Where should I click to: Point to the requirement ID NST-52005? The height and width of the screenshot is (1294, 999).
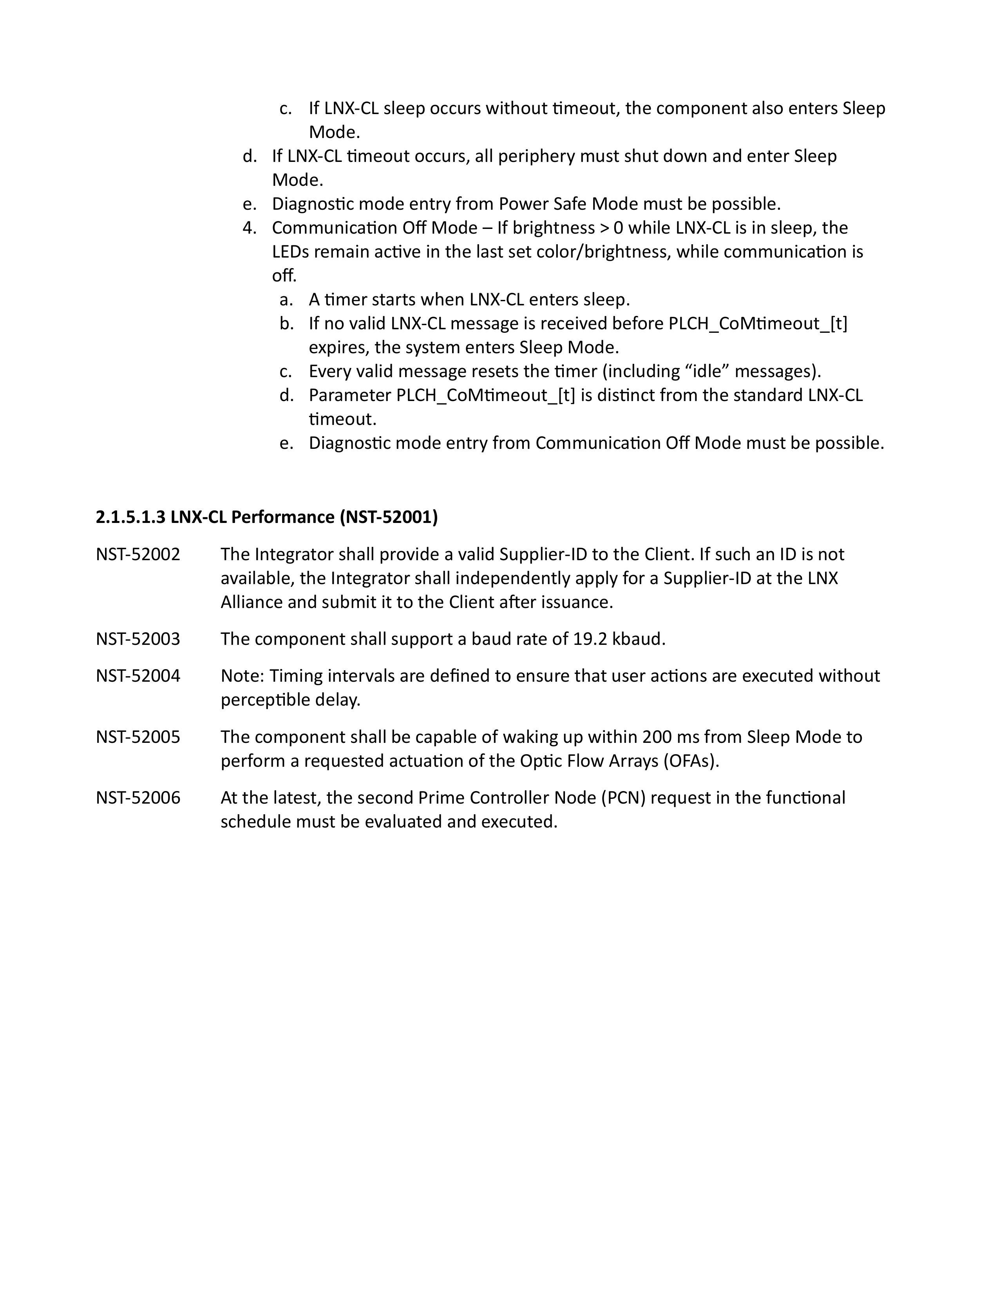point(138,737)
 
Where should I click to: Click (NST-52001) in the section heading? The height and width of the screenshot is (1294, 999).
point(389,517)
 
